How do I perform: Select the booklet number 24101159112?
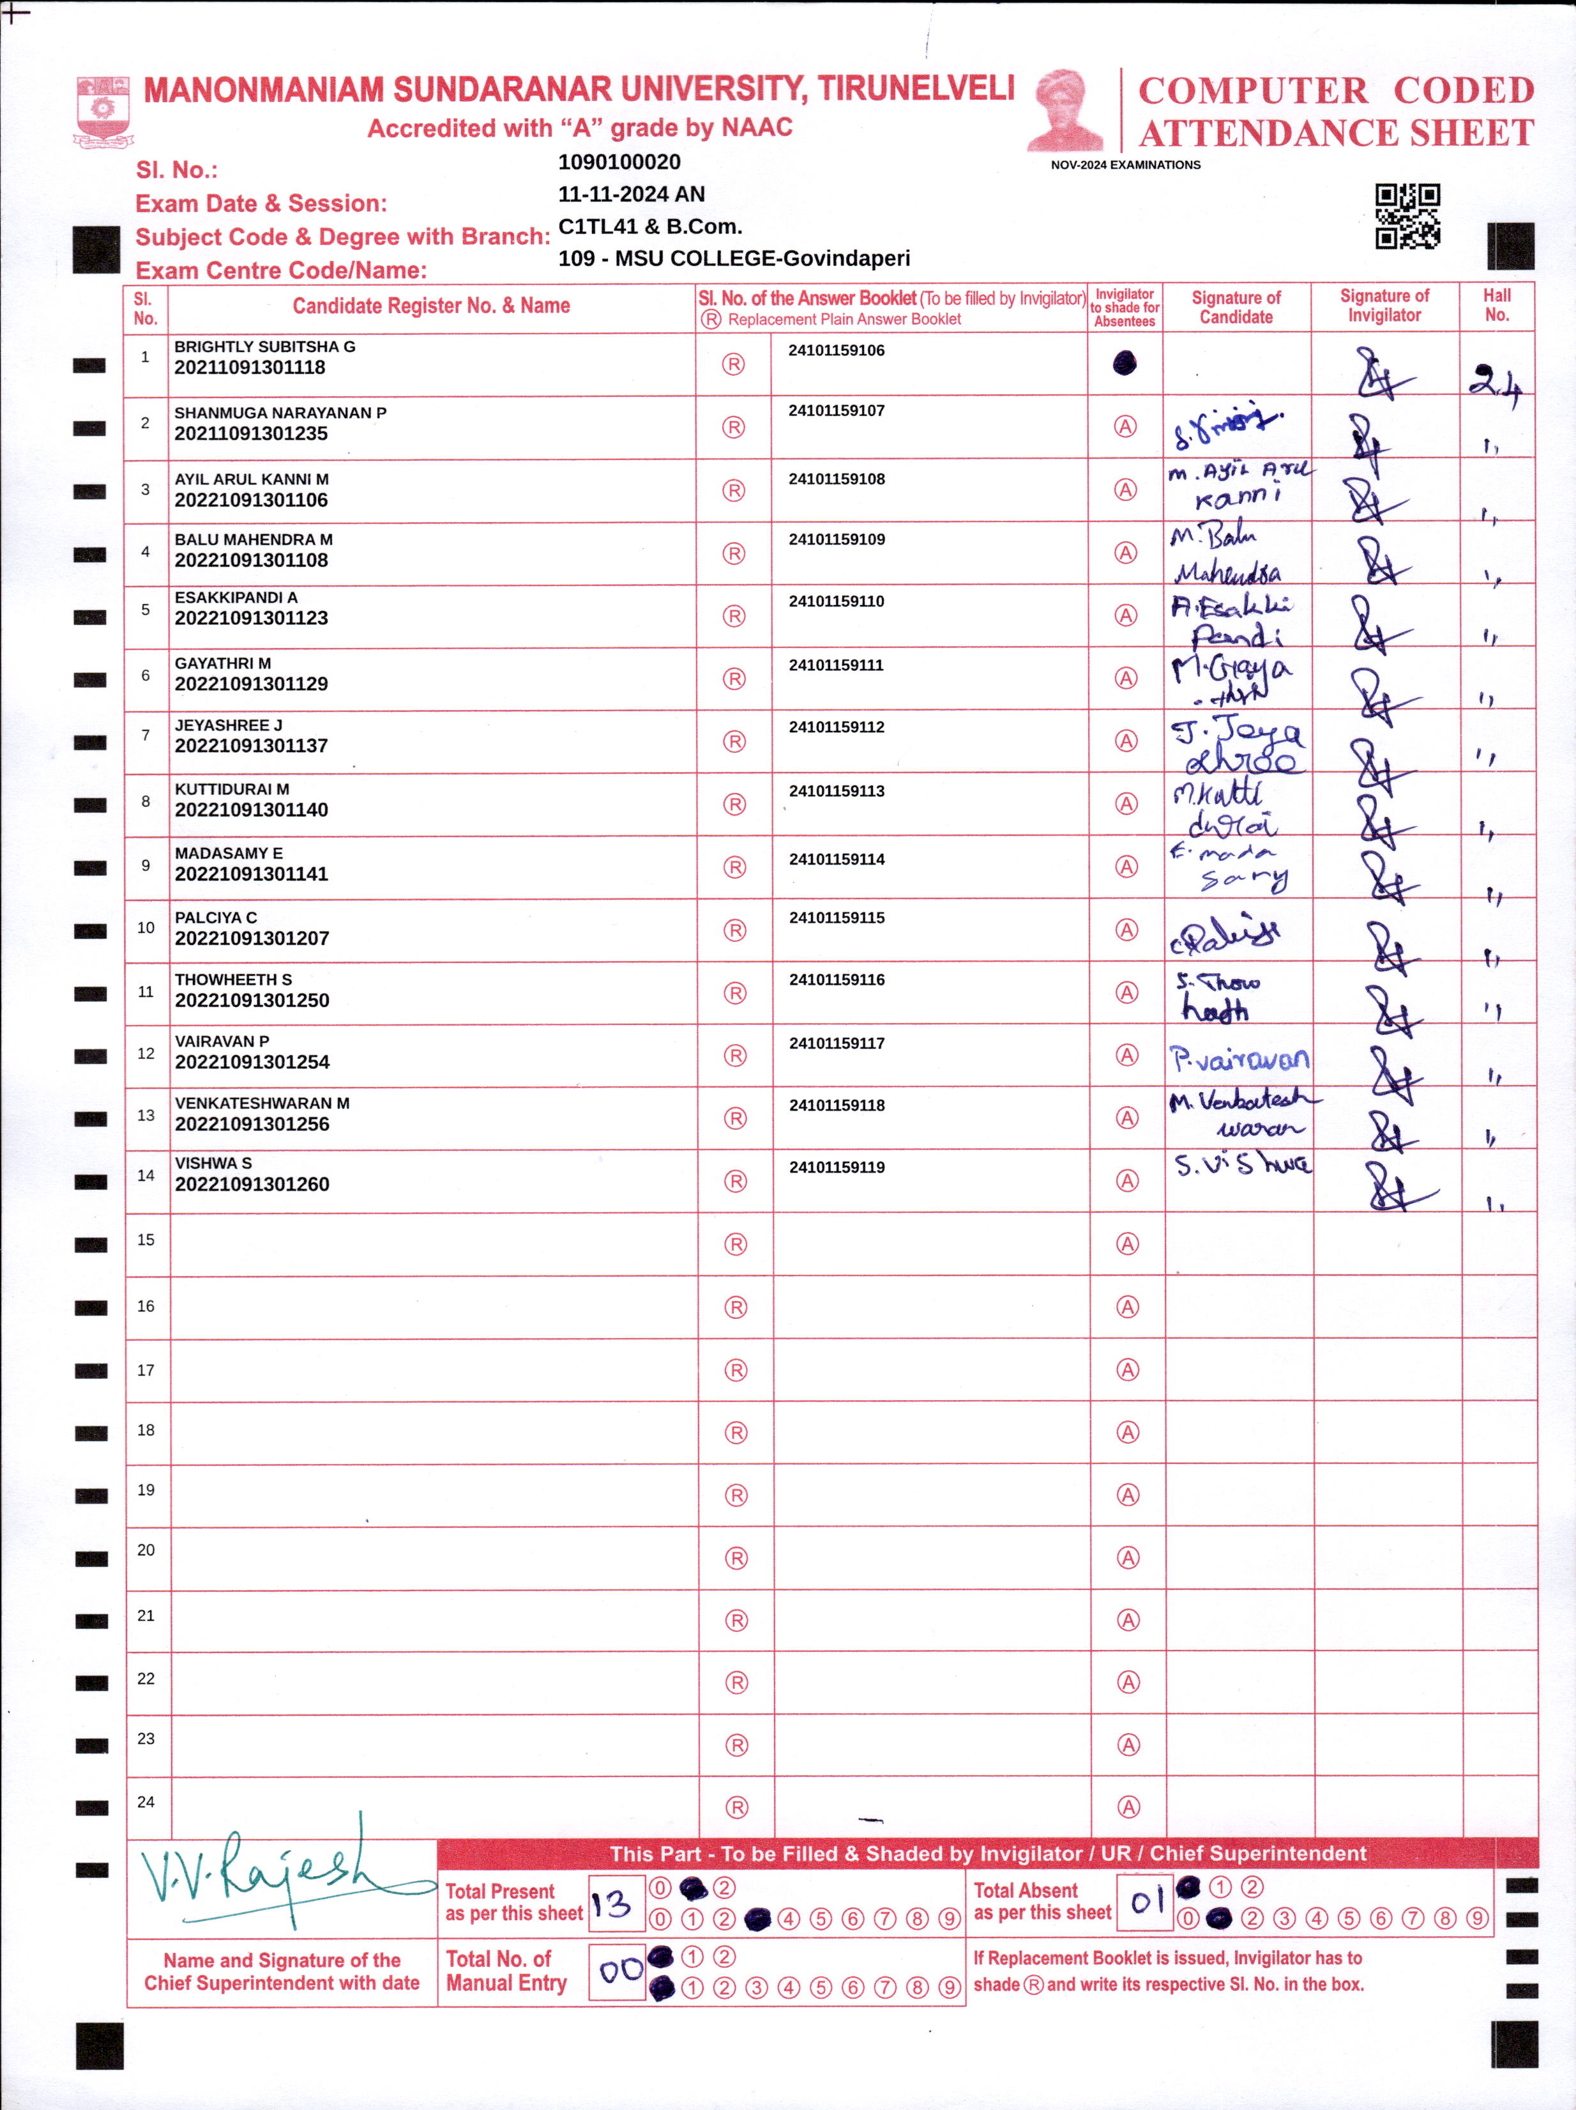click(836, 727)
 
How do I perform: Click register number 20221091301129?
click(251, 684)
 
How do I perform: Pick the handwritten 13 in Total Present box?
click(611, 1904)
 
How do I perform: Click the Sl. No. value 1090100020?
click(619, 162)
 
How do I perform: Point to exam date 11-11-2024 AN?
click(631, 195)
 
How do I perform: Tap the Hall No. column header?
click(1497, 305)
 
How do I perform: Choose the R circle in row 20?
click(736, 1558)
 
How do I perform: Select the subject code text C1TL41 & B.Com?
click(649, 227)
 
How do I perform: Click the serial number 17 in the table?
click(146, 1370)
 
